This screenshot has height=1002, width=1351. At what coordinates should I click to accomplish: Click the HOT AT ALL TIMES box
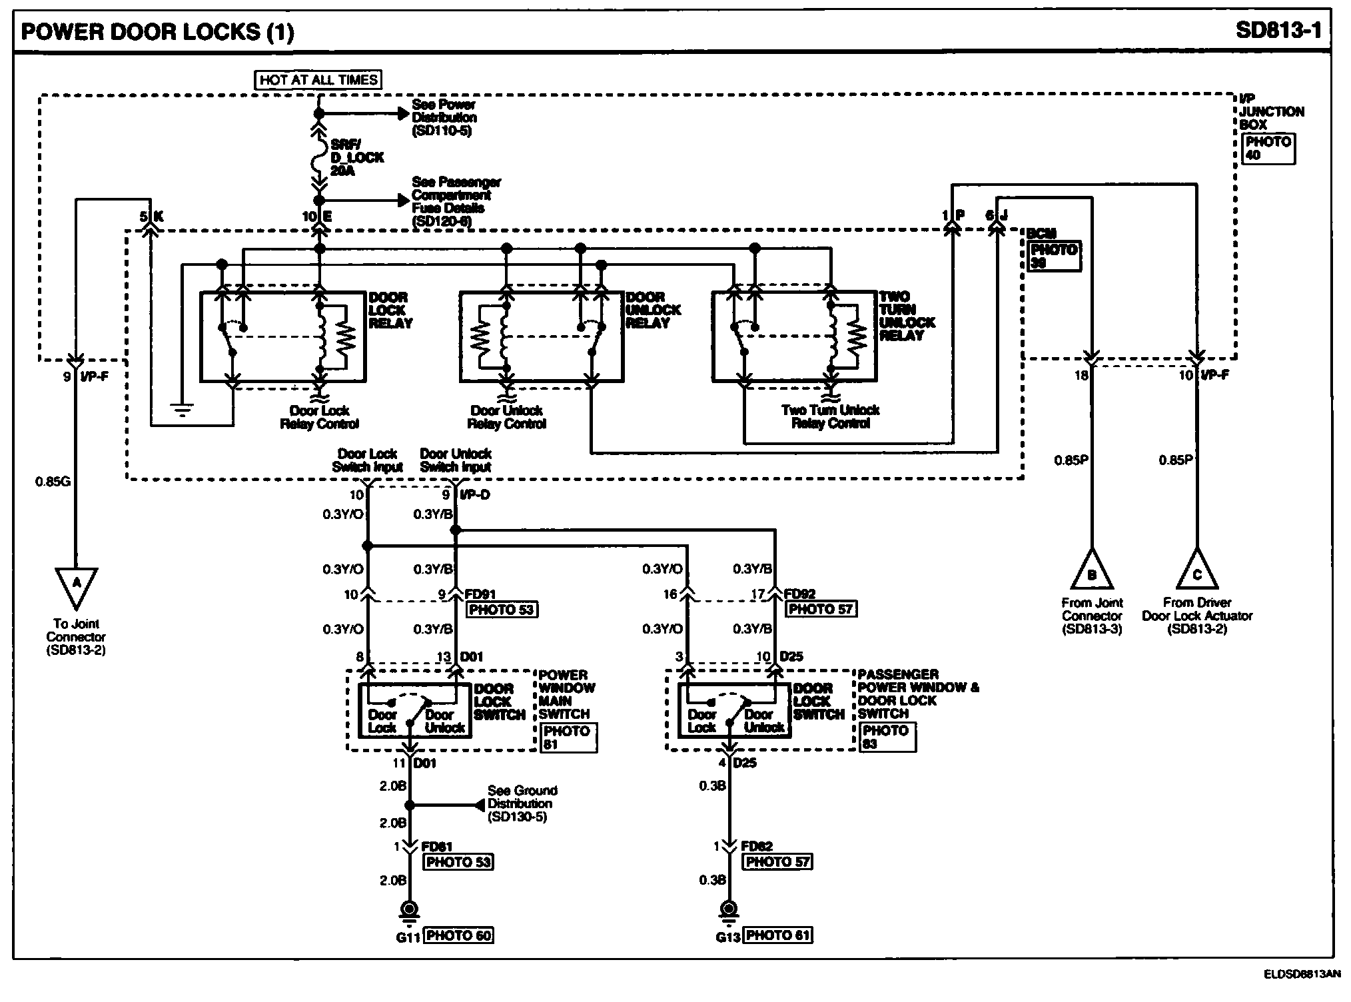[318, 80]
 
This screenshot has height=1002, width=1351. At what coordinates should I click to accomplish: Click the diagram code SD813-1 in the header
[1278, 31]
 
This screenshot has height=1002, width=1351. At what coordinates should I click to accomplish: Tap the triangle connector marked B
[1091, 572]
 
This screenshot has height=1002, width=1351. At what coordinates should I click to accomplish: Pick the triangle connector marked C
[1196, 572]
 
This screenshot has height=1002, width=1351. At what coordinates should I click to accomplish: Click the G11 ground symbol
[408, 911]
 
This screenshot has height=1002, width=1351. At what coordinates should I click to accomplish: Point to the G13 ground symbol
[728, 911]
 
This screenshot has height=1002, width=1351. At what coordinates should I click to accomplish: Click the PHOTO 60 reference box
[459, 935]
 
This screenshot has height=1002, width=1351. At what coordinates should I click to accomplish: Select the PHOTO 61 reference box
[778, 935]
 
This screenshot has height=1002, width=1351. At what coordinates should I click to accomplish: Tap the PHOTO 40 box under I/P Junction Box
[1268, 149]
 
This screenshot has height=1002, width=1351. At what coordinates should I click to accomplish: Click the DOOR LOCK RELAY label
[390, 310]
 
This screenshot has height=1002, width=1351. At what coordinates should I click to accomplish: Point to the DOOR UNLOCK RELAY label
[653, 310]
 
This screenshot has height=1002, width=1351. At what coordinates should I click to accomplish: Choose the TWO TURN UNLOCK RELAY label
[907, 316]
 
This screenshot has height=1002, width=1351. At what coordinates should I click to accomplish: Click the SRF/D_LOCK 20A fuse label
[357, 158]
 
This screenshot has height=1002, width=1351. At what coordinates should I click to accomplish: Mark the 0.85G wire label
[53, 481]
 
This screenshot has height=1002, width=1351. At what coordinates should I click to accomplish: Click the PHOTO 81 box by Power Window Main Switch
[567, 738]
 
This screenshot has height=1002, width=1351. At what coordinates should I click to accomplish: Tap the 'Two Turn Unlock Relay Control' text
[830, 417]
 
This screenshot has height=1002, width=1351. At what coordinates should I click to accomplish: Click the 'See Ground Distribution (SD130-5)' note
[522, 803]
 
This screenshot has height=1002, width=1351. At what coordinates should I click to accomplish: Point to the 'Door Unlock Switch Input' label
[456, 460]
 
